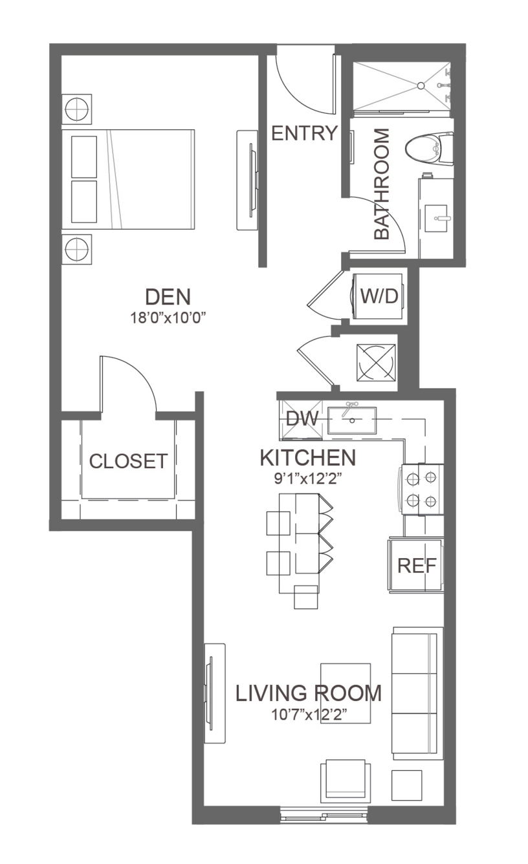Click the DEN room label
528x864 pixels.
(x=168, y=297)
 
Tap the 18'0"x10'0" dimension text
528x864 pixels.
(x=168, y=318)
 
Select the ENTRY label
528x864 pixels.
(x=305, y=133)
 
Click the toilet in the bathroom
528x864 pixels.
(x=429, y=149)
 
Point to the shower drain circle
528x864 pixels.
(x=421, y=85)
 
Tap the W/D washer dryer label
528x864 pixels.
(x=379, y=296)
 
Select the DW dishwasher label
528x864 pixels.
(x=302, y=418)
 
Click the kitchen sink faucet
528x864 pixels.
(x=351, y=407)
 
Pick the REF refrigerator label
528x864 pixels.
(x=417, y=566)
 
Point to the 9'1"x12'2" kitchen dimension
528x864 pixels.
(x=309, y=479)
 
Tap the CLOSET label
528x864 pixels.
(x=129, y=461)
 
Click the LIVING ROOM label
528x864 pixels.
(x=309, y=693)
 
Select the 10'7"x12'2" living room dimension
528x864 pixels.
(x=309, y=715)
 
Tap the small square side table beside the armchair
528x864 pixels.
(x=406, y=785)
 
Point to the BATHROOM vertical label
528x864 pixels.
(x=382, y=184)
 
